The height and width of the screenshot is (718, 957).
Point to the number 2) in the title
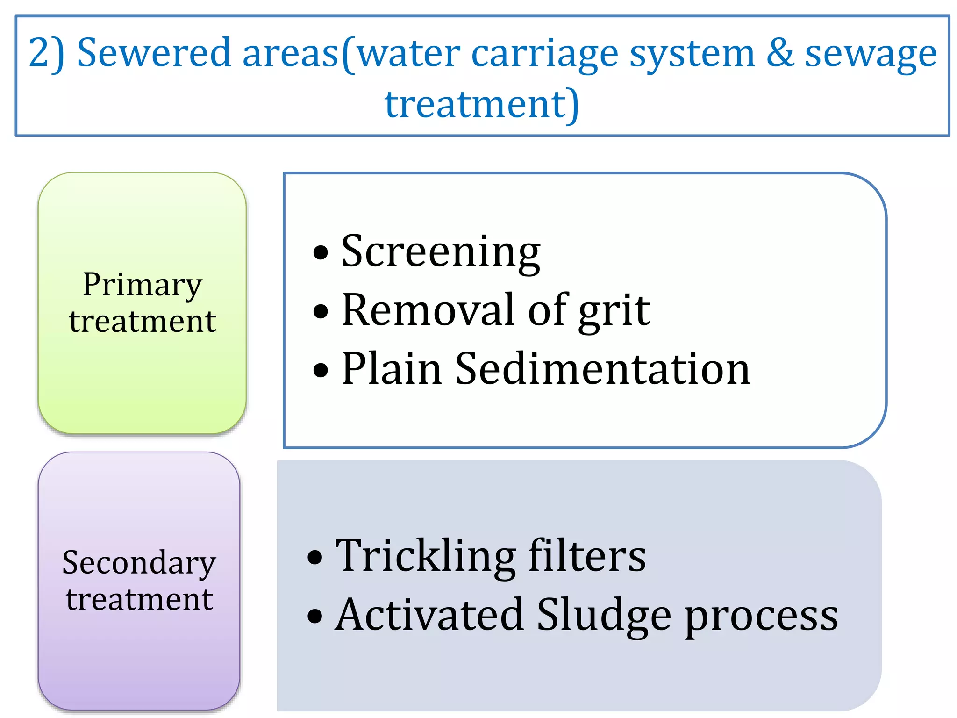click(x=46, y=54)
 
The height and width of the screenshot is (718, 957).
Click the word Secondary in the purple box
click(x=139, y=563)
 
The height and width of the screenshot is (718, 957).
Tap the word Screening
click(x=441, y=252)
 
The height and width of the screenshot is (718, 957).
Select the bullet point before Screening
click(x=321, y=253)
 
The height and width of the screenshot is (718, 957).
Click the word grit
click(x=614, y=310)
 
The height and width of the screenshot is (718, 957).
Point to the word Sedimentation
click(x=602, y=369)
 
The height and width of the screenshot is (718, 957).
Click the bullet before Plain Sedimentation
click(x=321, y=371)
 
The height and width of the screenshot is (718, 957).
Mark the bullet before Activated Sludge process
click(x=315, y=616)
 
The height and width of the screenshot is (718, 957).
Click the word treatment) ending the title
click(x=482, y=104)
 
